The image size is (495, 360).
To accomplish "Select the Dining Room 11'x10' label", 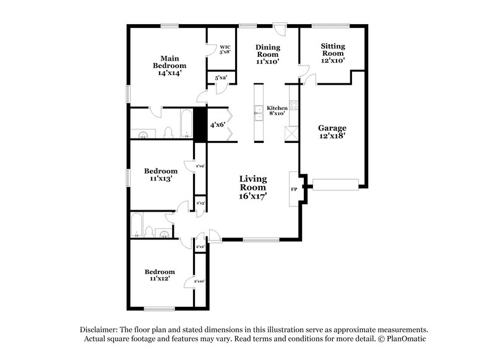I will [267, 54].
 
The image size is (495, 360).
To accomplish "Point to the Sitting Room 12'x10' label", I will [333, 53].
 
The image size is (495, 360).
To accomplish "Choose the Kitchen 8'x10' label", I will [276, 111].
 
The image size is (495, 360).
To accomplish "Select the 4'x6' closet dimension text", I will [217, 125].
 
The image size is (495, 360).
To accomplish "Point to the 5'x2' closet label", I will [220, 78].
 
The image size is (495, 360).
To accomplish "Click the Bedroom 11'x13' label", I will [161, 174].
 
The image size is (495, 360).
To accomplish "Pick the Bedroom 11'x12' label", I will [160, 275].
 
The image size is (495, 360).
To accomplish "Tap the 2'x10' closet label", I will [200, 282].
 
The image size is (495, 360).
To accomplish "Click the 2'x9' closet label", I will [200, 166].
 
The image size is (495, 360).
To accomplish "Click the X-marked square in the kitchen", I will [291, 135].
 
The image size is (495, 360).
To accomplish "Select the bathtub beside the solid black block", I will [185, 123].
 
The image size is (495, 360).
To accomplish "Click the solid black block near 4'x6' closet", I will [200, 124].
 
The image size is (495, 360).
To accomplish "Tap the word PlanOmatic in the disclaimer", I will [407, 340].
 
